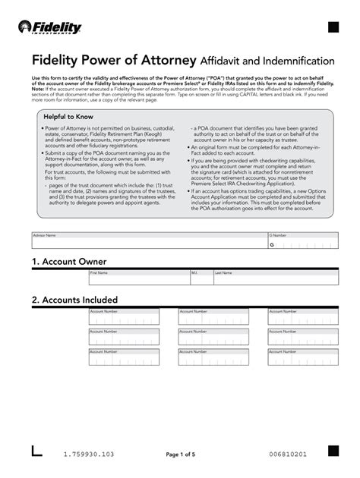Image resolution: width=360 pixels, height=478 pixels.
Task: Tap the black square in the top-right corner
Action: [332, 29]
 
